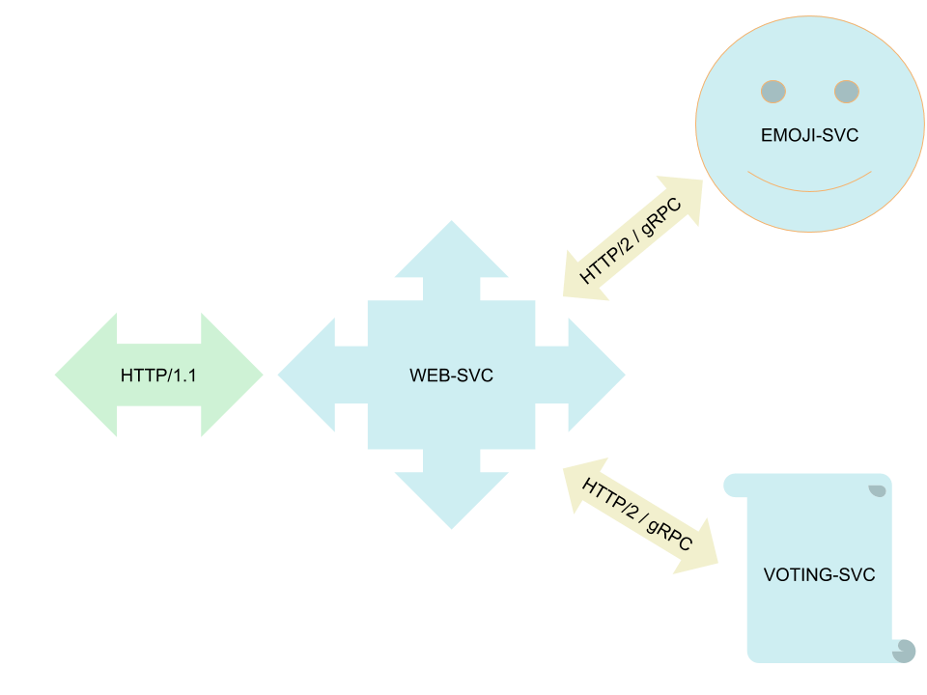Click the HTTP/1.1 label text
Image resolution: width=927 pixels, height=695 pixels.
[158, 375]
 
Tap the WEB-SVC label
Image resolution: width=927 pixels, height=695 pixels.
[451, 375]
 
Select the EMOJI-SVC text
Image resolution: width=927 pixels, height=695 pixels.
[809, 135]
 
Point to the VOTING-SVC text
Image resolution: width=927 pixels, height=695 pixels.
[819, 574]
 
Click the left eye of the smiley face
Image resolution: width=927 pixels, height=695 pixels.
[773, 92]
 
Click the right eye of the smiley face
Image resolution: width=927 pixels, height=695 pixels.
[847, 92]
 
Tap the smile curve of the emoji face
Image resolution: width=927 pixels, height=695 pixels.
[809, 190]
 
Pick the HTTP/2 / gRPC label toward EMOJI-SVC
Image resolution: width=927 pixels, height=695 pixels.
[631, 241]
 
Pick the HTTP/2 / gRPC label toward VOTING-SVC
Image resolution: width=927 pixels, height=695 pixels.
[637, 514]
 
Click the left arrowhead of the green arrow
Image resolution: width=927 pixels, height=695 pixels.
[86, 375]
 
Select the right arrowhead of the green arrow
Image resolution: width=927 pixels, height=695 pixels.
[232, 375]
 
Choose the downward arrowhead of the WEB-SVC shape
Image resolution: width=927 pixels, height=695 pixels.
[451, 499]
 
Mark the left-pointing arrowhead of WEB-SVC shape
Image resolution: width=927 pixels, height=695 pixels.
[306, 375]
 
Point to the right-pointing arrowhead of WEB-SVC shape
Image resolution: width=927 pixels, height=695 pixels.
[597, 375]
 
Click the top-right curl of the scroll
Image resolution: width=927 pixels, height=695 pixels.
[879, 490]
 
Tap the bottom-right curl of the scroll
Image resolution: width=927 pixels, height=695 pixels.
[905, 652]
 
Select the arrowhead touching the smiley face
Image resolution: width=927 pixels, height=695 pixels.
[685, 197]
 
